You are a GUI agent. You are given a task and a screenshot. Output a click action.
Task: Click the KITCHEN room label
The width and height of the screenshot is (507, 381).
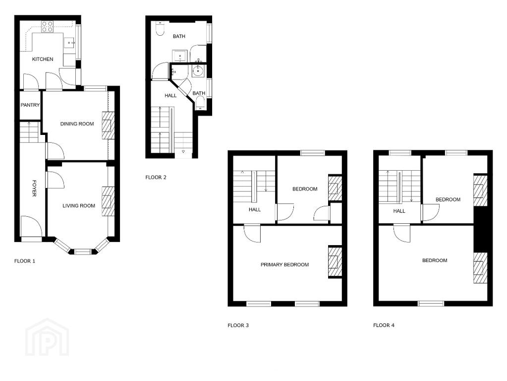point(43,59)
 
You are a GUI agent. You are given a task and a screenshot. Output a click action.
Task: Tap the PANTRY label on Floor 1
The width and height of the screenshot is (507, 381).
point(30,105)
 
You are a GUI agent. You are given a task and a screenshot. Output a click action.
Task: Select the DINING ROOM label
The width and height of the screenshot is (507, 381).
point(77,124)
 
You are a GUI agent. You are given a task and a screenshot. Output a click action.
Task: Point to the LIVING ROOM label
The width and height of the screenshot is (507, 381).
point(79,205)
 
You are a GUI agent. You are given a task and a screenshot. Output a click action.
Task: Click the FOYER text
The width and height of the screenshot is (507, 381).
point(34,188)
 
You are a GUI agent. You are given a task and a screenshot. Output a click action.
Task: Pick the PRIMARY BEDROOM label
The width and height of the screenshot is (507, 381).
point(284,264)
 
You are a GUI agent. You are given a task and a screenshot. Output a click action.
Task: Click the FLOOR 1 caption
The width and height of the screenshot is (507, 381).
point(25,261)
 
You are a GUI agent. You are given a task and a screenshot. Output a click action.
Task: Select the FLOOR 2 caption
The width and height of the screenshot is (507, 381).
point(156,177)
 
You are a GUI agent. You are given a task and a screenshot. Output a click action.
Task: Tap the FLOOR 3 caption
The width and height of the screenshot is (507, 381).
point(238,325)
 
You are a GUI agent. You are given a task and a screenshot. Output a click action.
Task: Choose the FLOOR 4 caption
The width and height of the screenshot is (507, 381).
point(384,325)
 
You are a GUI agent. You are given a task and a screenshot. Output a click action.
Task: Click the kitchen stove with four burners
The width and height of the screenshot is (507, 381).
point(47,26)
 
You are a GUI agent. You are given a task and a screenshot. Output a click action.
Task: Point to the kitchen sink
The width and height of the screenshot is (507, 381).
point(69,42)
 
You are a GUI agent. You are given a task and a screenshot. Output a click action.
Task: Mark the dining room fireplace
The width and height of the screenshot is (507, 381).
point(109,126)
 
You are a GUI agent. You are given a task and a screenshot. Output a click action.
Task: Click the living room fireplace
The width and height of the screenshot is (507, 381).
point(108,201)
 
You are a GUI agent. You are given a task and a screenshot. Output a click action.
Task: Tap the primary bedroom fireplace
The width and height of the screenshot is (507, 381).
point(335,261)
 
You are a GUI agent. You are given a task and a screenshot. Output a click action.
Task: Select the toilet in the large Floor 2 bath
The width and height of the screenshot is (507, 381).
point(160,28)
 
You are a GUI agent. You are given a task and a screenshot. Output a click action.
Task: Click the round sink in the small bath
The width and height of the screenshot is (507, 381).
point(197,70)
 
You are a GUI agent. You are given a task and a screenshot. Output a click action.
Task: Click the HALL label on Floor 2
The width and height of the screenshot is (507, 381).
point(170,95)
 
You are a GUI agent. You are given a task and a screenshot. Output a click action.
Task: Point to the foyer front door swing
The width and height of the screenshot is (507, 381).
point(31,227)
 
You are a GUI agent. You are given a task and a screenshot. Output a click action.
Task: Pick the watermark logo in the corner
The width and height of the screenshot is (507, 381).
point(47,337)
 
